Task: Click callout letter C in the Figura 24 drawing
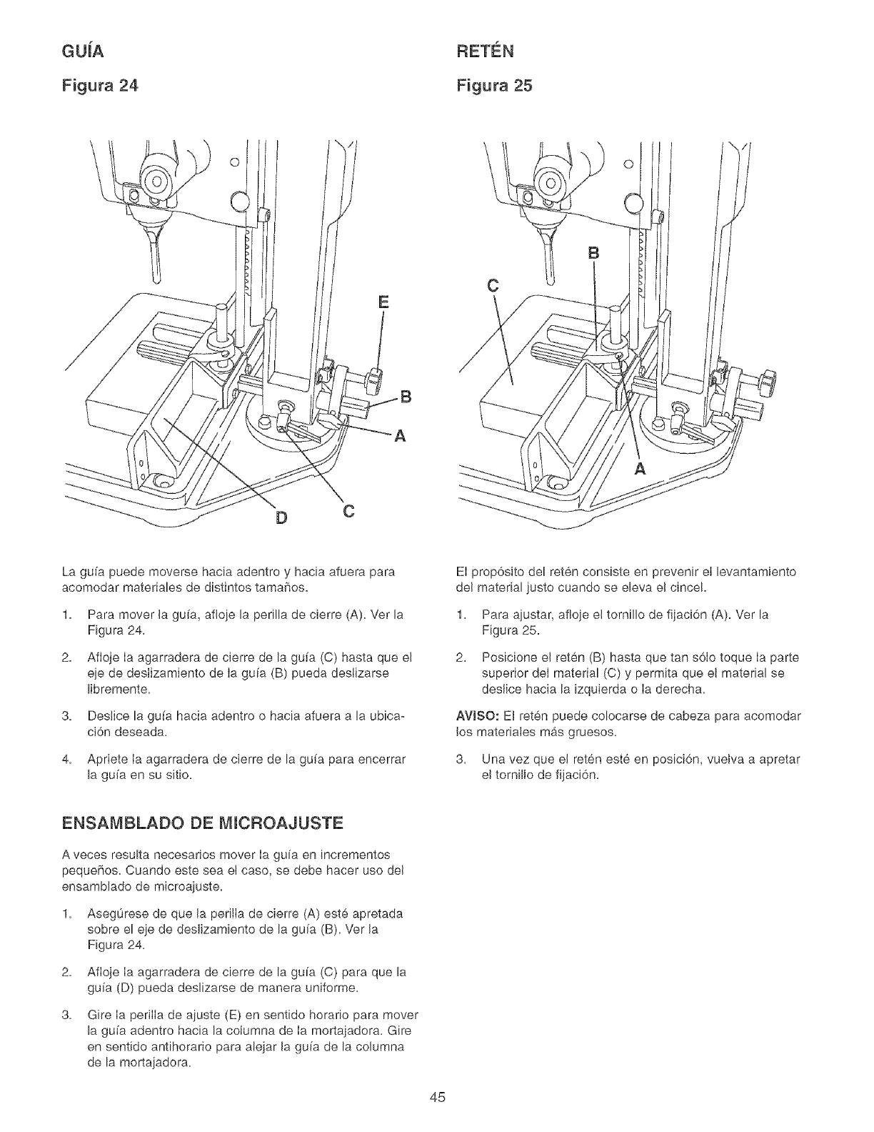point(346,512)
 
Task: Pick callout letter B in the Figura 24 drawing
point(405,398)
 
